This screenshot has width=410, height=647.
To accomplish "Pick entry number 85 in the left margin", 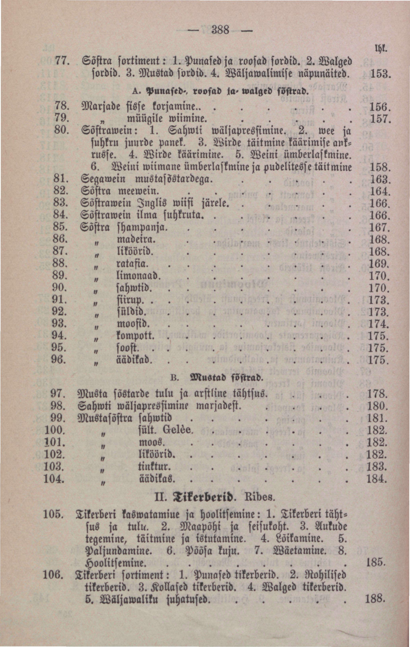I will (x=60, y=227).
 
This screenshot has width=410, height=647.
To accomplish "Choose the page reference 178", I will (x=377, y=394).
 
